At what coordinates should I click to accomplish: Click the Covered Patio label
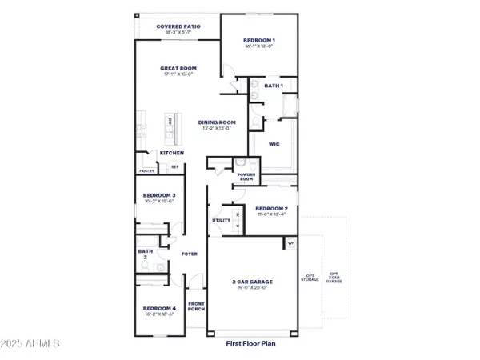(x=178, y=26)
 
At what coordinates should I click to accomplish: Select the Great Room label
(x=179, y=69)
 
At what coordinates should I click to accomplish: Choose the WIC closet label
(x=273, y=144)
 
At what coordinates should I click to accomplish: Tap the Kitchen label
(x=172, y=153)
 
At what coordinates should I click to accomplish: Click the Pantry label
(x=146, y=170)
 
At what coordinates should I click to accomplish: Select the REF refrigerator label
(x=174, y=168)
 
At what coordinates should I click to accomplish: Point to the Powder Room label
(x=246, y=177)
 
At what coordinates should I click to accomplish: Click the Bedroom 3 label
(x=159, y=195)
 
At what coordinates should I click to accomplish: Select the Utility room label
(x=221, y=220)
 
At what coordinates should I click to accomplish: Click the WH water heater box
(x=291, y=242)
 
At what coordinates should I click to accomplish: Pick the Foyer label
(x=189, y=254)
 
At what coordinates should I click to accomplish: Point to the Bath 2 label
(x=145, y=254)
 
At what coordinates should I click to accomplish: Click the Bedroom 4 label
(x=159, y=308)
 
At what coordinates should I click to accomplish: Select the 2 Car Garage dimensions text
(x=252, y=286)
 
